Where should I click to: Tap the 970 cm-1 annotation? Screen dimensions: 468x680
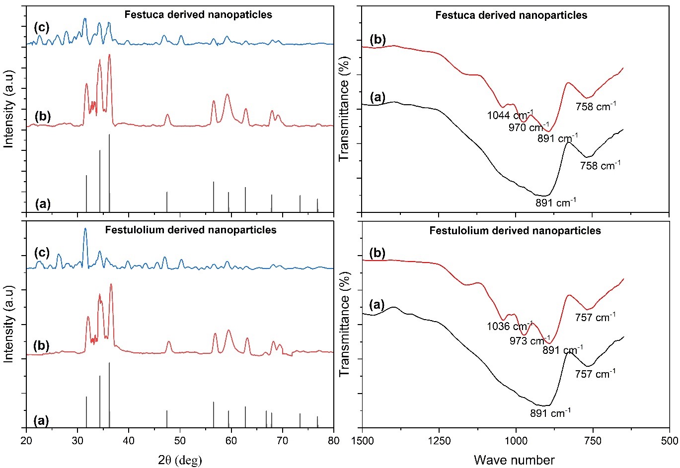529,127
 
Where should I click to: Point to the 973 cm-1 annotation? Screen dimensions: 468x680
529,341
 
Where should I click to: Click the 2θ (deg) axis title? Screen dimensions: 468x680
180,460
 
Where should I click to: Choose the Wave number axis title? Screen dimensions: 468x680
514,460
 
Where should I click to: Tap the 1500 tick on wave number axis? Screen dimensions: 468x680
363,440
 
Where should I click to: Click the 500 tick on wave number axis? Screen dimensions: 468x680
670,440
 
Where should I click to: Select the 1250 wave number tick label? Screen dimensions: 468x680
439,440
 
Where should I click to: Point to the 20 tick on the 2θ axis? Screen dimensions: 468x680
26,440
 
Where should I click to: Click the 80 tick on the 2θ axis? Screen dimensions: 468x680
334,440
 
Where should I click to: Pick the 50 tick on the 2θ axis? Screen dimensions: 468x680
180,440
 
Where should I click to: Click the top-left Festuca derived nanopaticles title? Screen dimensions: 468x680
198,14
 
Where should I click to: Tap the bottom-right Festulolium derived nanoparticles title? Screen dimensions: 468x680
515,231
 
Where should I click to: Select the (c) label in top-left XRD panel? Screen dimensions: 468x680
42,27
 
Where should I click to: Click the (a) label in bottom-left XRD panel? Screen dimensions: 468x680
42,420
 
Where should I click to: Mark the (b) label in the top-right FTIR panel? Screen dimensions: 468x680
378,40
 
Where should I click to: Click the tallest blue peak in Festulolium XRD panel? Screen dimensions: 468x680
85,229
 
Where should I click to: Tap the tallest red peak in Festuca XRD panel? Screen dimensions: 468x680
109,55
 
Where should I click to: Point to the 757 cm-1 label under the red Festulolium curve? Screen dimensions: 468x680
595,317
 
